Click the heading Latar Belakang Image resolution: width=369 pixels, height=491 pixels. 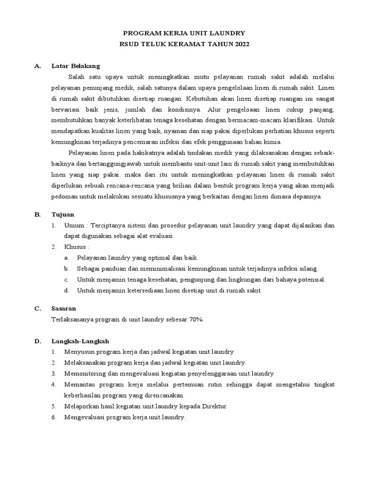click(x=75, y=66)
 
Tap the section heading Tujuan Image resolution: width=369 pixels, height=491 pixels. click(x=63, y=214)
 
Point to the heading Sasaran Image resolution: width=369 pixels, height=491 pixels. click(x=64, y=308)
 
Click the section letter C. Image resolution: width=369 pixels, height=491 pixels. click(x=37, y=308)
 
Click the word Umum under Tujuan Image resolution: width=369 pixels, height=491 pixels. click(x=73, y=225)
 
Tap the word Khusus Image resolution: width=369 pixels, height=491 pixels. click(x=75, y=246)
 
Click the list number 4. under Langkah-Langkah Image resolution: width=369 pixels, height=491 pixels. click(x=54, y=385)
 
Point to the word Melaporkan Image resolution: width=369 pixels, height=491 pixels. click(x=81, y=407)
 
